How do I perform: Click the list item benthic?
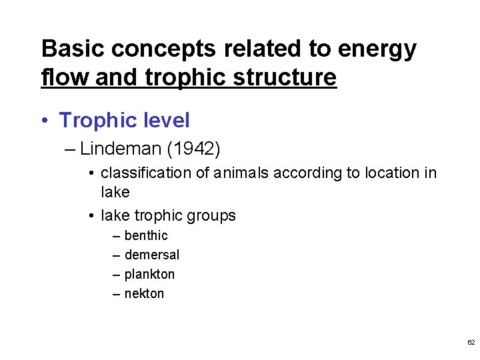click(x=146, y=235)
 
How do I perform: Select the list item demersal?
click(x=152, y=255)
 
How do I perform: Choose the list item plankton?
click(x=149, y=274)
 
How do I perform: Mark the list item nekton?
click(x=144, y=293)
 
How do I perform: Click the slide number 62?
click(x=471, y=342)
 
